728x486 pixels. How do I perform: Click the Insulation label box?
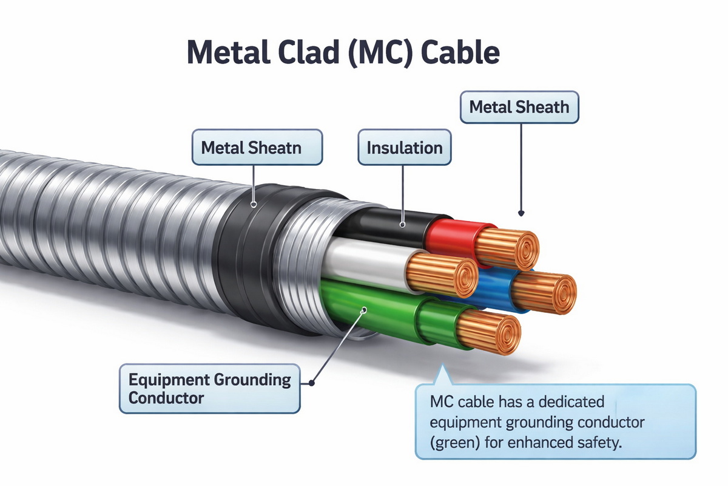(405, 148)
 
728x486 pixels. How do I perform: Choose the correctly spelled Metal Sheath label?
(519, 108)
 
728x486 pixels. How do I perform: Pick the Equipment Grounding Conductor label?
(209, 389)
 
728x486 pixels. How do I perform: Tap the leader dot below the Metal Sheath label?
(521, 213)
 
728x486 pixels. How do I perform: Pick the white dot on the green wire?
(364, 310)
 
